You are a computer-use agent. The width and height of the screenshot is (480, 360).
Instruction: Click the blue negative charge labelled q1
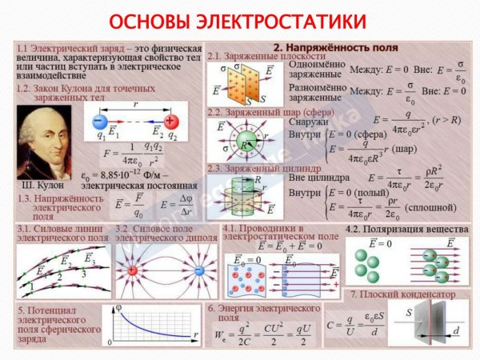(96, 122)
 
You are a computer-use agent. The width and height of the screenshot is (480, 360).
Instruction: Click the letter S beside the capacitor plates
(407, 314)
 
